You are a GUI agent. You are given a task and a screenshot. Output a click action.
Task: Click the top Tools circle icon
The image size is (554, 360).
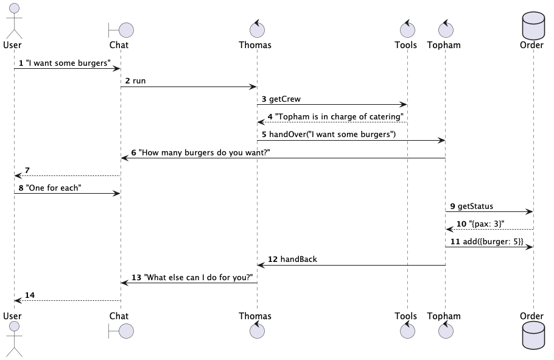click(x=406, y=27)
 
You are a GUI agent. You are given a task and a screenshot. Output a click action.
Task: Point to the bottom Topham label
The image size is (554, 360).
click(x=444, y=316)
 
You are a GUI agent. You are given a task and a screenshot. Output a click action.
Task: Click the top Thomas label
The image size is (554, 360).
click(x=255, y=45)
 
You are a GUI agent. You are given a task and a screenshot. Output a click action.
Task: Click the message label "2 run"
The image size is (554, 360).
click(x=136, y=81)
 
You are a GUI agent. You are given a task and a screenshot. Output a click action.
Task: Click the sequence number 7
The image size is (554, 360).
click(x=27, y=170)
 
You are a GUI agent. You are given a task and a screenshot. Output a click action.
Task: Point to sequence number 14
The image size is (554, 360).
click(x=29, y=295)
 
